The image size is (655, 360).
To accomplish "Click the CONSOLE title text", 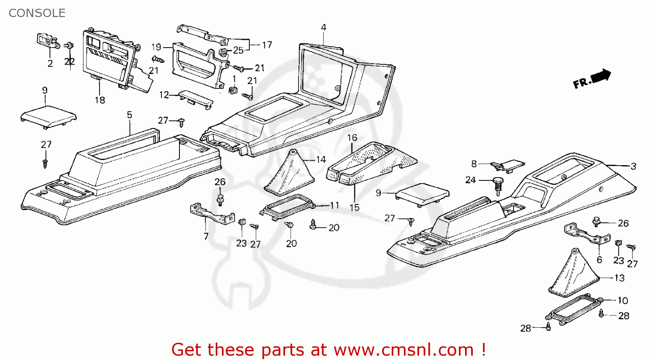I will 37,13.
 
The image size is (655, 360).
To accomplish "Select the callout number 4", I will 323,28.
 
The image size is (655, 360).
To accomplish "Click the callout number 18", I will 100,100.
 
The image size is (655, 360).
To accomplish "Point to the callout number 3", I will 633,166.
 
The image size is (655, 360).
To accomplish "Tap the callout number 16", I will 352,138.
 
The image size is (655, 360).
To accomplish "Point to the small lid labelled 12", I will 196,98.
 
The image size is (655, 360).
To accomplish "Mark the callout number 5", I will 129,115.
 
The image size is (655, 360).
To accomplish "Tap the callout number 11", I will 334,205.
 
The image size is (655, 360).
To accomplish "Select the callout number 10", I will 623,301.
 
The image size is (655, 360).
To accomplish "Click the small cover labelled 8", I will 507,166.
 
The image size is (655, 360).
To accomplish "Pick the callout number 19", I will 156,47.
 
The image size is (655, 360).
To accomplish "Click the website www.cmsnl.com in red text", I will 403,350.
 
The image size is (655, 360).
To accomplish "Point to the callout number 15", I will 354,207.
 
